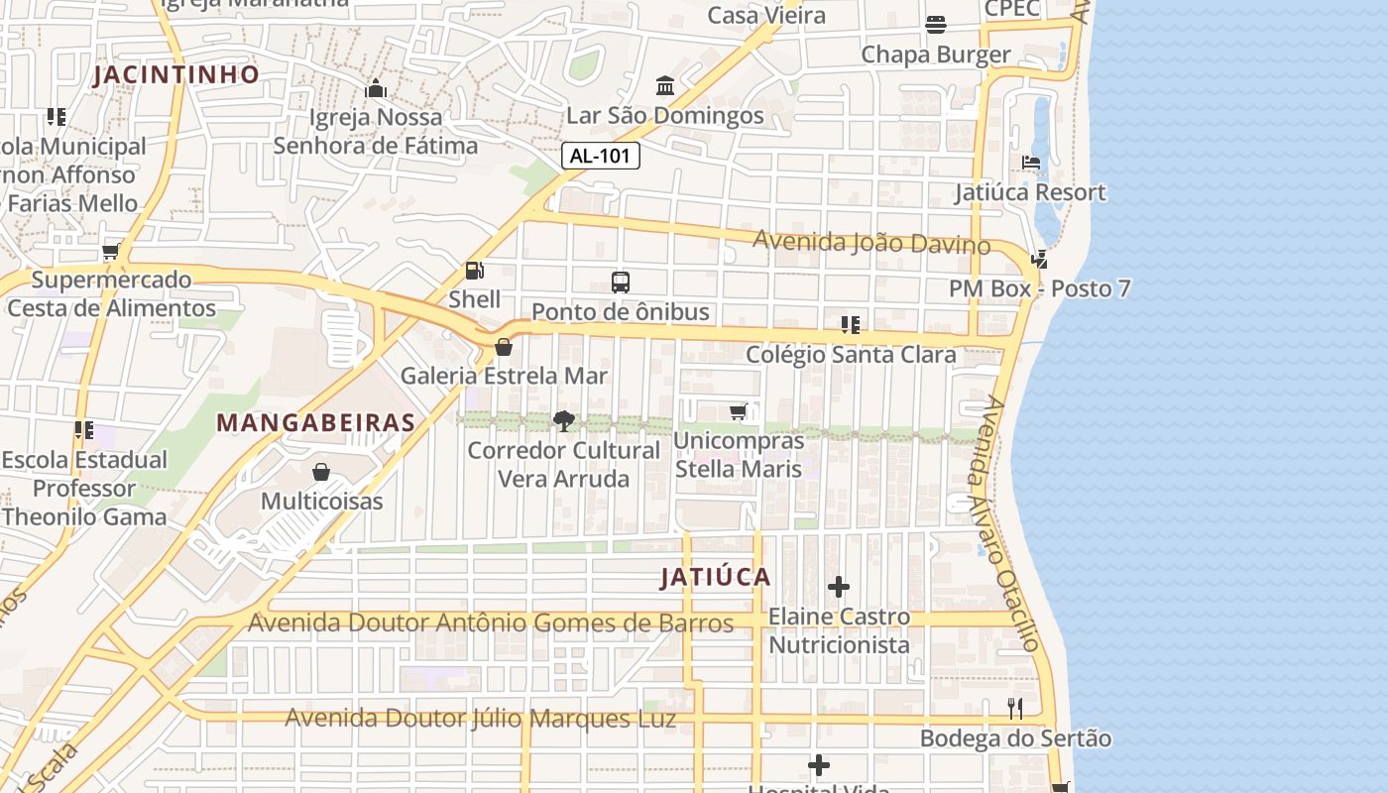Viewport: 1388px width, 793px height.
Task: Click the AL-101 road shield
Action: tap(601, 156)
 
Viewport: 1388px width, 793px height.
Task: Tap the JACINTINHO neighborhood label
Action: tap(176, 74)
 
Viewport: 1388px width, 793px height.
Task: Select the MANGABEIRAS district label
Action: tap(315, 422)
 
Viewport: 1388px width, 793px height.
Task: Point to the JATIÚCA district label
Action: tap(715, 578)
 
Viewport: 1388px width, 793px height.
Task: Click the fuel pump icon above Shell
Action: tap(475, 271)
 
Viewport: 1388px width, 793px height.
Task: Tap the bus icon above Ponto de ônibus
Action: tap(621, 283)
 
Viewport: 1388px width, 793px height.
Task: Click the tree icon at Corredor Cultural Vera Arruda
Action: tap(563, 421)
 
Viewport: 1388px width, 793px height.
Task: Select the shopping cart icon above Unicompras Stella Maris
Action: tap(738, 411)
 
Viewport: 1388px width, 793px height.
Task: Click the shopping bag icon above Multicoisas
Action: tap(321, 472)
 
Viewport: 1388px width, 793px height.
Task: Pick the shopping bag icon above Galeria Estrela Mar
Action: tap(504, 347)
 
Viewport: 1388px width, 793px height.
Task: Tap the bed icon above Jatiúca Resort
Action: tap(1031, 163)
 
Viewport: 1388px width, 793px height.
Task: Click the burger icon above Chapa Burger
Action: tap(936, 25)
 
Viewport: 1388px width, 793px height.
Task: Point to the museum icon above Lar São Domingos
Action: tap(665, 86)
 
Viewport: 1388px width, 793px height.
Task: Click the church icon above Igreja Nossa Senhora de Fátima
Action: tap(375, 89)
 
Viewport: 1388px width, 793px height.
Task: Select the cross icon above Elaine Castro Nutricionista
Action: tap(839, 587)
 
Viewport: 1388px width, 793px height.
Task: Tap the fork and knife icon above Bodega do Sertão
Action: tap(1015, 709)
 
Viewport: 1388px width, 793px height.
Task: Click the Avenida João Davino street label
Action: tap(870, 241)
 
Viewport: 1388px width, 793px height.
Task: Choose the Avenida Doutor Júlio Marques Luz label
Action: tap(480, 719)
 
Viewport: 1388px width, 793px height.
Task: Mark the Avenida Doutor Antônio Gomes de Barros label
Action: tap(491, 623)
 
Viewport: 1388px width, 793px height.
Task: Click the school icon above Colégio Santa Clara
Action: tap(850, 325)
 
